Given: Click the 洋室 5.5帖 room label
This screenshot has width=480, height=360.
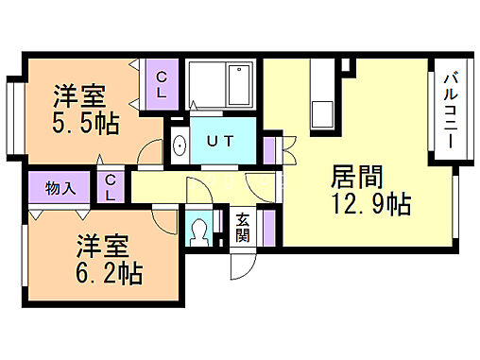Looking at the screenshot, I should coord(79,110).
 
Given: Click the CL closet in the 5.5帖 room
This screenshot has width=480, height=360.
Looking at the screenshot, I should coord(163,83).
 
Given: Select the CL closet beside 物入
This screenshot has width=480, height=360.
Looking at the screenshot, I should coord(111,187).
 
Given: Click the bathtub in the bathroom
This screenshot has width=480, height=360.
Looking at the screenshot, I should coord(221,86).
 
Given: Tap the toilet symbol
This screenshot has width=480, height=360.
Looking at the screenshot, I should coord(199,232).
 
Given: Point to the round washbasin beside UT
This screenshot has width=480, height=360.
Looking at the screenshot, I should coord(180,145).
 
